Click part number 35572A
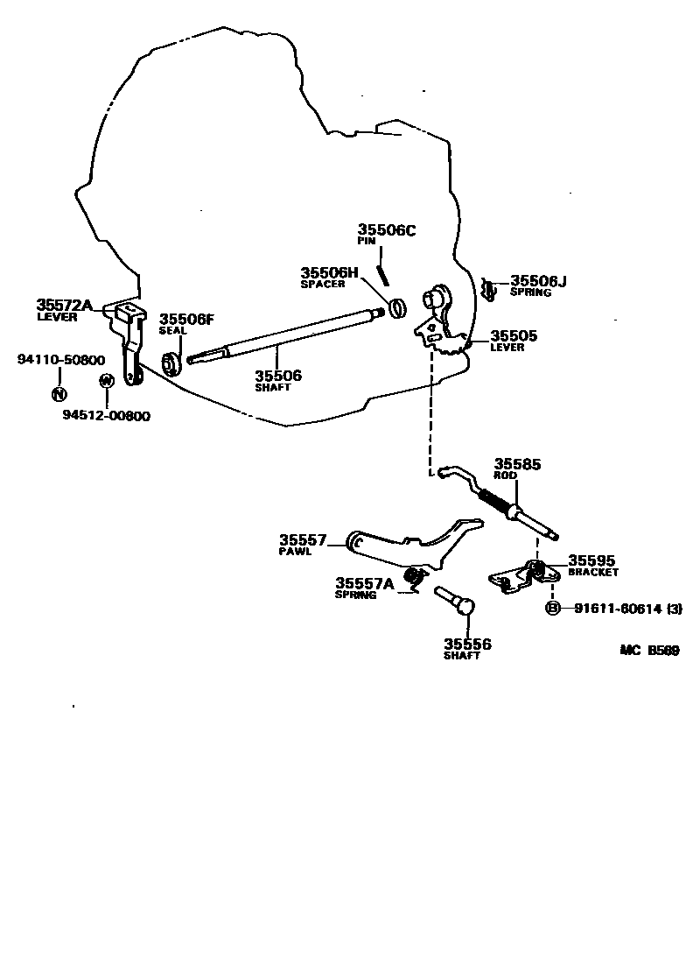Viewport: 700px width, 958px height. click(64, 305)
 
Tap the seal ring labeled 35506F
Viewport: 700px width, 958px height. click(172, 363)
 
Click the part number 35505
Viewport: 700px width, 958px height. click(514, 335)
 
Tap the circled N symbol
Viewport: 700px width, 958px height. click(59, 393)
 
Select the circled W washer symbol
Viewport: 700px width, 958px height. click(106, 381)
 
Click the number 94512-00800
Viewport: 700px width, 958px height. click(106, 416)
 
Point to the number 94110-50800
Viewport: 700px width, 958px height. click(61, 359)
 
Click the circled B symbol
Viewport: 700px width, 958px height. click(553, 609)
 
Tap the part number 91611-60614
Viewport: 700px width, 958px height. click(616, 609)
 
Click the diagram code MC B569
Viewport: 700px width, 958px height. click(649, 650)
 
